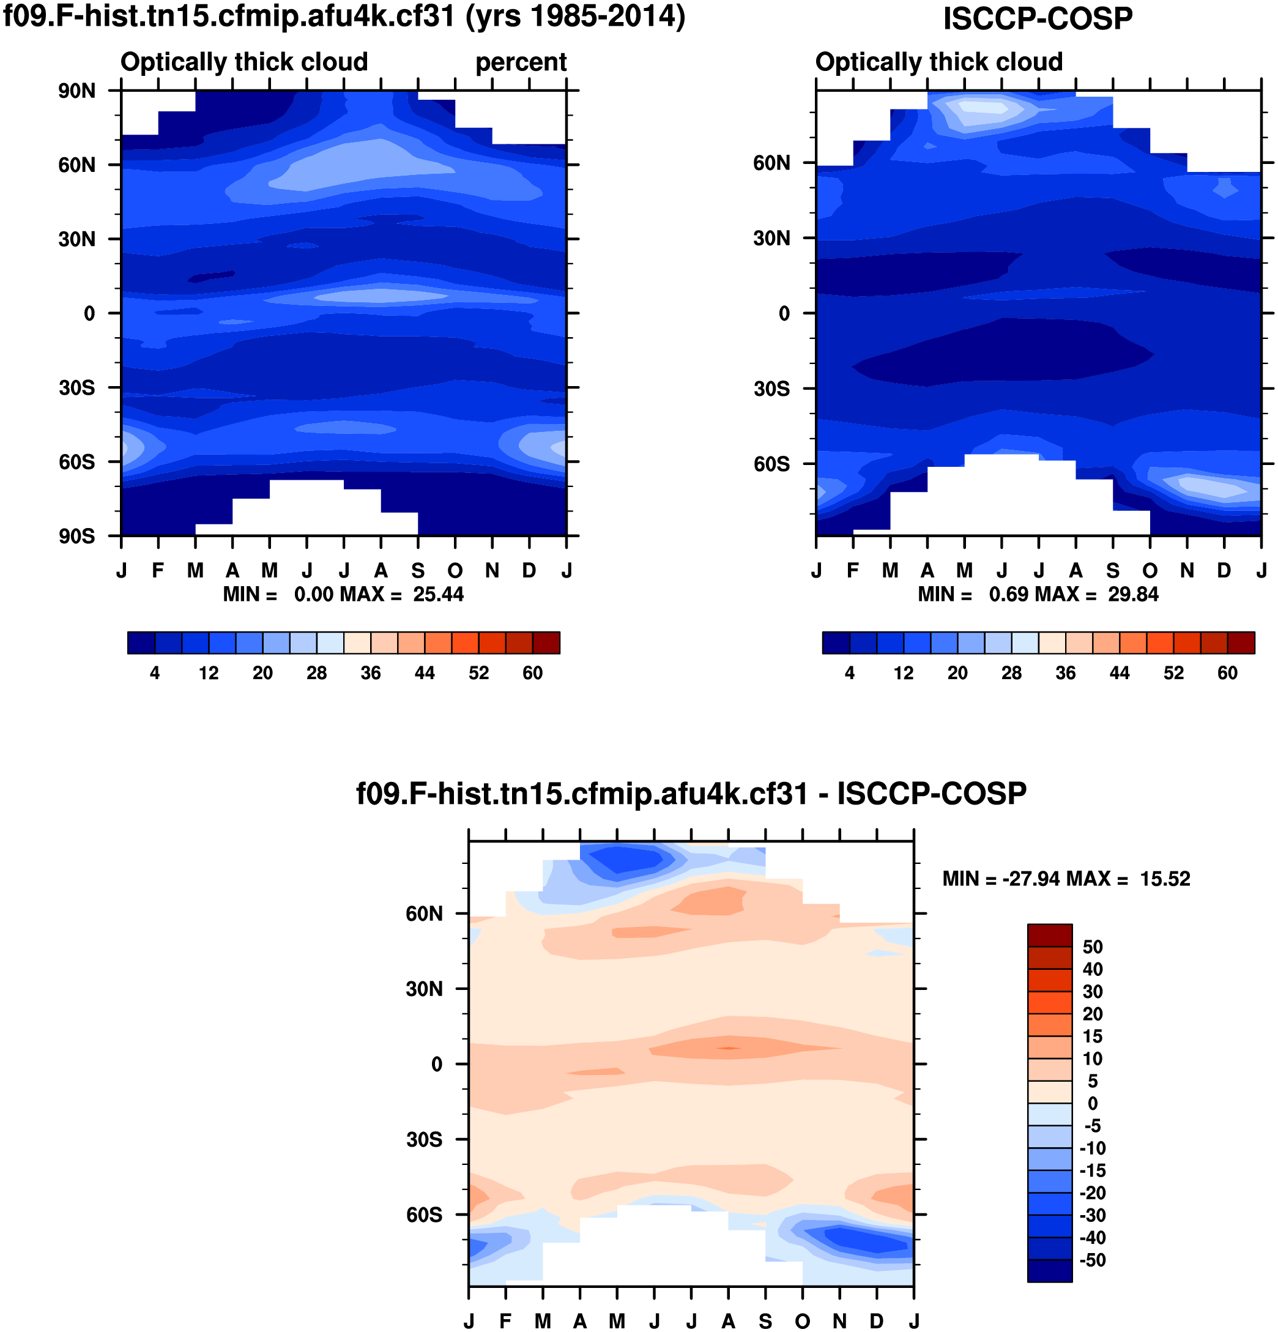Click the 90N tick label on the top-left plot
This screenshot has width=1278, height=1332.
coord(76,91)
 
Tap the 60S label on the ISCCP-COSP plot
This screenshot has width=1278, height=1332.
coord(771,464)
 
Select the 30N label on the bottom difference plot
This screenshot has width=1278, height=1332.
coord(424,989)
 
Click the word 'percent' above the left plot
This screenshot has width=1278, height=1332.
coord(521,62)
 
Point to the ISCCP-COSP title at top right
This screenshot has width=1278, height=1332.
coord(1038,18)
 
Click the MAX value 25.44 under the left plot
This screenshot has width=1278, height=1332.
coord(438,595)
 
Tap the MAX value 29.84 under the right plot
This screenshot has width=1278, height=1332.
coord(1133,595)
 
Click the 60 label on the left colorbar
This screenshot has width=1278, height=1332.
coord(533,673)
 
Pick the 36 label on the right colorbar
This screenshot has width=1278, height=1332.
coord(1065,673)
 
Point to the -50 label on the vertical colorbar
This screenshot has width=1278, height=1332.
coord(1093,1260)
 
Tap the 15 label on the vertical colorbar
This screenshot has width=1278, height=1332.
coord(1093,1036)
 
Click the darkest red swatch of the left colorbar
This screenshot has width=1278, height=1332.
coord(546,642)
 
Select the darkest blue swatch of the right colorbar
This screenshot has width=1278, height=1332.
coord(836,642)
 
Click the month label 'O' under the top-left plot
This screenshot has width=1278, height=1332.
coord(455,571)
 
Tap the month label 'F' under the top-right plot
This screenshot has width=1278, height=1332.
coord(853,571)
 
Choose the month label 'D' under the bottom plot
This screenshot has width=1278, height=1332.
coord(877,1321)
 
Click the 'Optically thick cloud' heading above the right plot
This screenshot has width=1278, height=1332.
coord(938,62)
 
